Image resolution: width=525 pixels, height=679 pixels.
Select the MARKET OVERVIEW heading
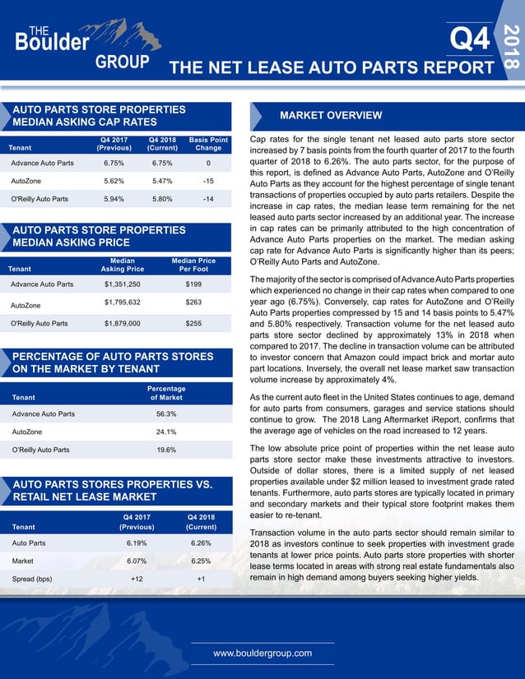[331, 115]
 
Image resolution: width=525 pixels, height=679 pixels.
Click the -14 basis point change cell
[208, 199]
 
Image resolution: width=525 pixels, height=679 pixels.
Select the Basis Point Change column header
[208, 144]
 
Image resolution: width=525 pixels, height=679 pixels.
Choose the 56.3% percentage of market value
[166, 413]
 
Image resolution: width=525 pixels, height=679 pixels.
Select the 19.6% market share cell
[166, 450]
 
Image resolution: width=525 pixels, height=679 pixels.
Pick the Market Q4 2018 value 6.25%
[201, 561]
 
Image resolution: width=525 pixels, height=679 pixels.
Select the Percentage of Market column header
[166, 394]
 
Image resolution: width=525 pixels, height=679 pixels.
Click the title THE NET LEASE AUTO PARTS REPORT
[331, 68]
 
